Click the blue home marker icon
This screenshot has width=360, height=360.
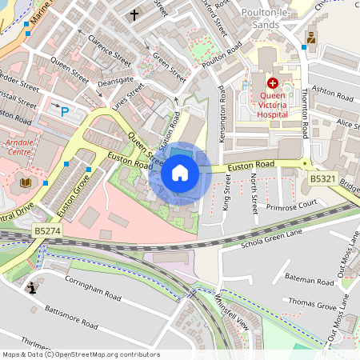pyautogui.click(x=180, y=172)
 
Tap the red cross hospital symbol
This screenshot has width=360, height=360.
pyautogui.click(x=272, y=82)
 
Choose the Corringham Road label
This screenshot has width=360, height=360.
pyautogui.click(x=93, y=290)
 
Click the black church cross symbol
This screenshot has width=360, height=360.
pyautogui.click(x=134, y=14)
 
